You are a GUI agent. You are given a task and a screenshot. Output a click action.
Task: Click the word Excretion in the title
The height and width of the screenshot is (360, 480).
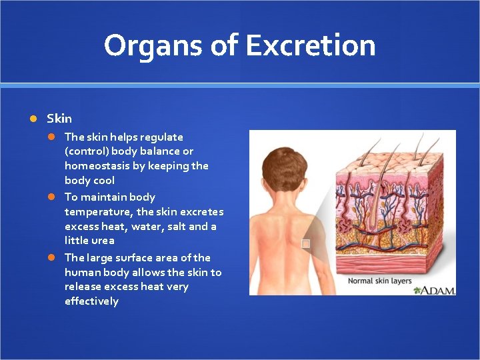pos(310,45)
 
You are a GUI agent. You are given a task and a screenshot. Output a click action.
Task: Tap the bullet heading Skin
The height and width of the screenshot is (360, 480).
pos(59,119)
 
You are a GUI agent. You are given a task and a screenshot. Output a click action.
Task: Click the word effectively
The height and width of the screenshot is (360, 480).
pos(91,301)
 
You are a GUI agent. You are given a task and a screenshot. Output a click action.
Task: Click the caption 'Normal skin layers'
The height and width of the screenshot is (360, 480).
pos(380,281)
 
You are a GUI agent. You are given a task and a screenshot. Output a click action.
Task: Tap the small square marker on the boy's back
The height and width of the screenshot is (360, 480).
pos(305,244)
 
